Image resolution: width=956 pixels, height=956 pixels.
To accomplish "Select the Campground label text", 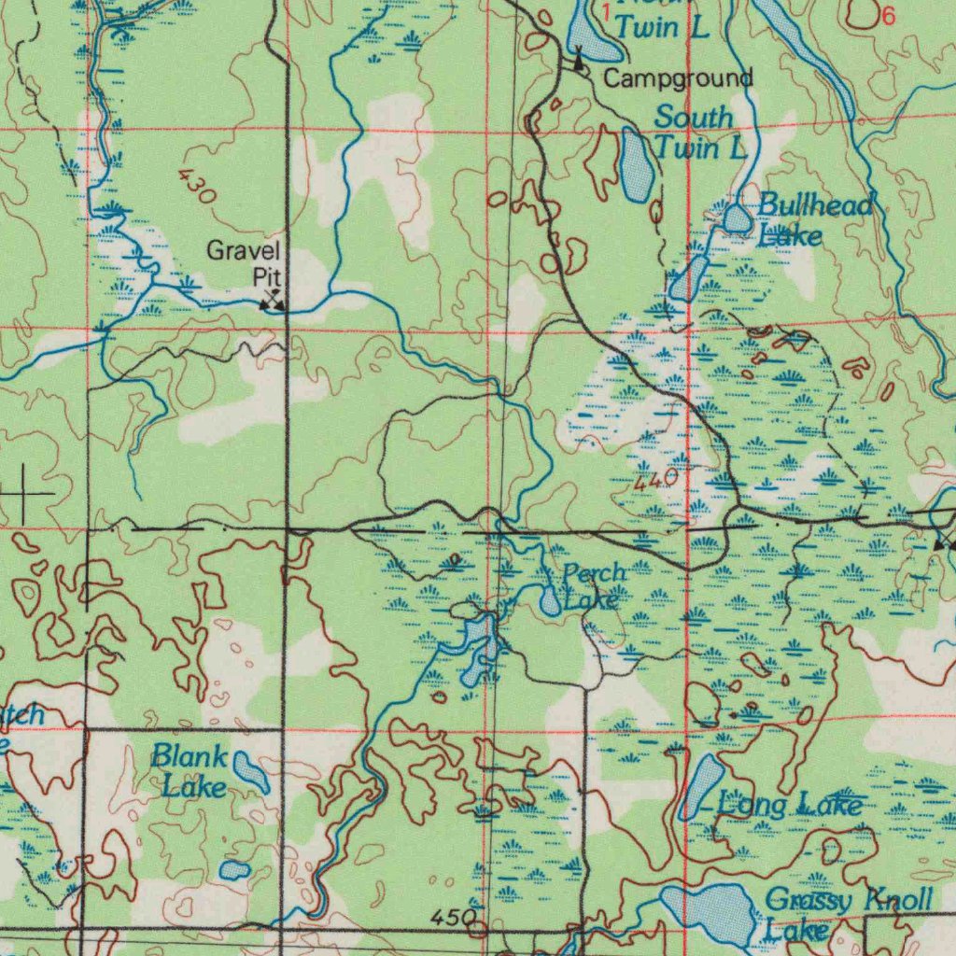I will click(678, 78).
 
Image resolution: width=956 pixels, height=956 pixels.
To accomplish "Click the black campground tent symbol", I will click(579, 62).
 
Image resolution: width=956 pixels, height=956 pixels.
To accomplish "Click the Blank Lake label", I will click(190, 770).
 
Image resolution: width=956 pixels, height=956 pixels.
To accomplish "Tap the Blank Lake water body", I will click(250, 772).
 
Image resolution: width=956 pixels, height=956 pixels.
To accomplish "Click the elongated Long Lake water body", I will click(702, 786).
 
